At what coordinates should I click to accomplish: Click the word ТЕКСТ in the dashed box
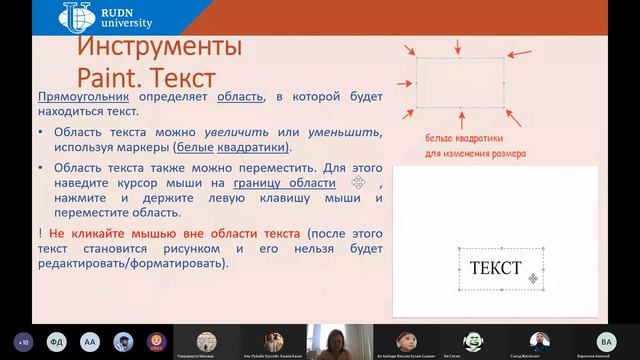pyautogui.click(x=495, y=268)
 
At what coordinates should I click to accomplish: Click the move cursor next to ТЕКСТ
pyautogui.click(x=534, y=278)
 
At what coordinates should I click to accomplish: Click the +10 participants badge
pyautogui.click(x=22, y=340)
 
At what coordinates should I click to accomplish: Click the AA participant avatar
pyautogui.click(x=91, y=340)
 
